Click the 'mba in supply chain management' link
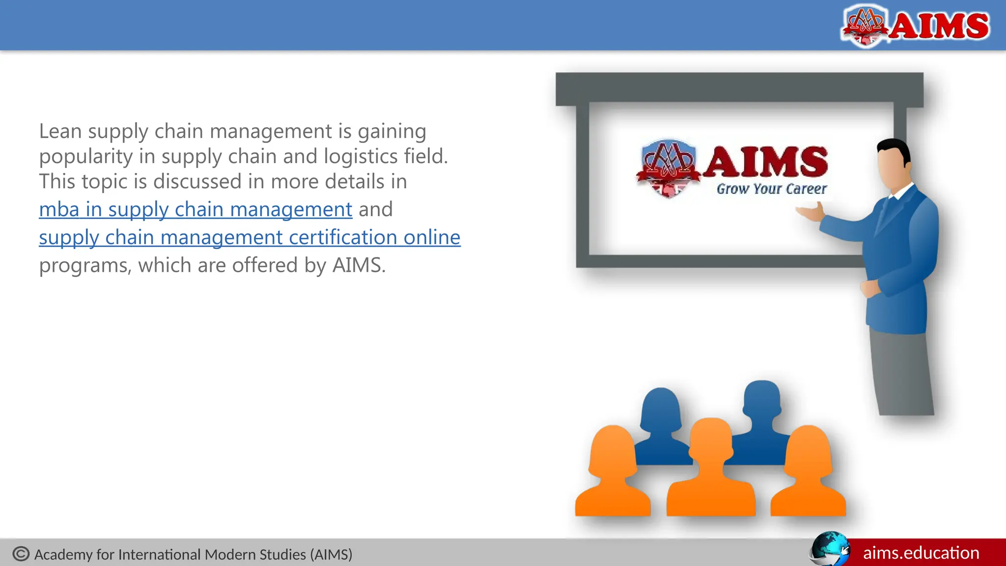(x=196, y=210)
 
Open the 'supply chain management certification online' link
(x=250, y=238)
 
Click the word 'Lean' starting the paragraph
(x=60, y=132)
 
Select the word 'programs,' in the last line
(x=85, y=266)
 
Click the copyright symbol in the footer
(x=21, y=554)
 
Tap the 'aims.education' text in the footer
(x=921, y=553)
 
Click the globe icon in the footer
(x=830, y=549)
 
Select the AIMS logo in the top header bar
(x=916, y=25)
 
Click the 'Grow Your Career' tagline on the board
(x=771, y=189)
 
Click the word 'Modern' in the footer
(x=229, y=555)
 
